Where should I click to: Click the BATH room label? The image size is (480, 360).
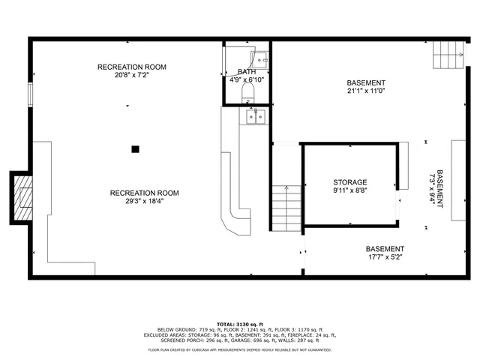247,71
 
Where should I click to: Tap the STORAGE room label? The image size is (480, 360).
350,182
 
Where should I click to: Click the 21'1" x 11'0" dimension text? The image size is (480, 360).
366,92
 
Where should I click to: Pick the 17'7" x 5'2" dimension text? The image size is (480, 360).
385,259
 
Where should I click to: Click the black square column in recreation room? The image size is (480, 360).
135,149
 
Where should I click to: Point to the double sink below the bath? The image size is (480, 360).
256,116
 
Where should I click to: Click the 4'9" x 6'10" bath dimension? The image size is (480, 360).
247,79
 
